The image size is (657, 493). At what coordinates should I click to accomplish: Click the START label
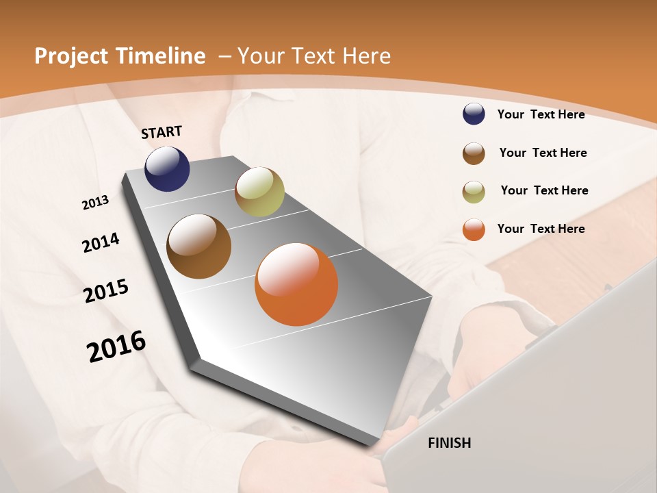pyautogui.click(x=162, y=132)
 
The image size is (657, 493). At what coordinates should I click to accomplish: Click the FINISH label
pyautogui.click(x=449, y=443)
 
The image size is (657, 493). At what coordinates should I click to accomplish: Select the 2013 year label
pyautogui.click(x=95, y=202)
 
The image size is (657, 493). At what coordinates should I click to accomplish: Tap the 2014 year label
pyautogui.click(x=101, y=242)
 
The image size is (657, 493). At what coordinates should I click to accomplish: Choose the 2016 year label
pyautogui.click(x=116, y=346)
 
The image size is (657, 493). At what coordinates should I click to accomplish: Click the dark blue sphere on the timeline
pyautogui.click(x=167, y=169)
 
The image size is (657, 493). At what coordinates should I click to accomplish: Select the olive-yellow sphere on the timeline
pyautogui.click(x=259, y=192)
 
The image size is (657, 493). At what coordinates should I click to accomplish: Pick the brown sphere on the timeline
pyautogui.click(x=198, y=246)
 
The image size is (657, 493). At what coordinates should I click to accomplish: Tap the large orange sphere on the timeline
pyautogui.click(x=296, y=284)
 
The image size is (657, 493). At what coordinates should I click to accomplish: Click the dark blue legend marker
pyautogui.click(x=474, y=114)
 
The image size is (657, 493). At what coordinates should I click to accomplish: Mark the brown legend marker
pyautogui.click(x=474, y=153)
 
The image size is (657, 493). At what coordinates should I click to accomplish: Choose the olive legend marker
pyautogui.click(x=474, y=192)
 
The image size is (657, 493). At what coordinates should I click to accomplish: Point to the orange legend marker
pyautogui.click(x=474, y=229)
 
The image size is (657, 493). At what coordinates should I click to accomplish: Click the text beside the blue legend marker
pyautogui.click(x=541, y=114)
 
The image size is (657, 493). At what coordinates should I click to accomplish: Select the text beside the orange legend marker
pyautogui.click(x=541, y=229)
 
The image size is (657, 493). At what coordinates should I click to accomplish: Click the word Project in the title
pyautogui.click(x=71, y=56)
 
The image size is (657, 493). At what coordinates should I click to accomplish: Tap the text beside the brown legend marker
pyautogui.click(x=543, y=153)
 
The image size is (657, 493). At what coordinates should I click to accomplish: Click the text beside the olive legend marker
pyautogui.click(x=544, y=190)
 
